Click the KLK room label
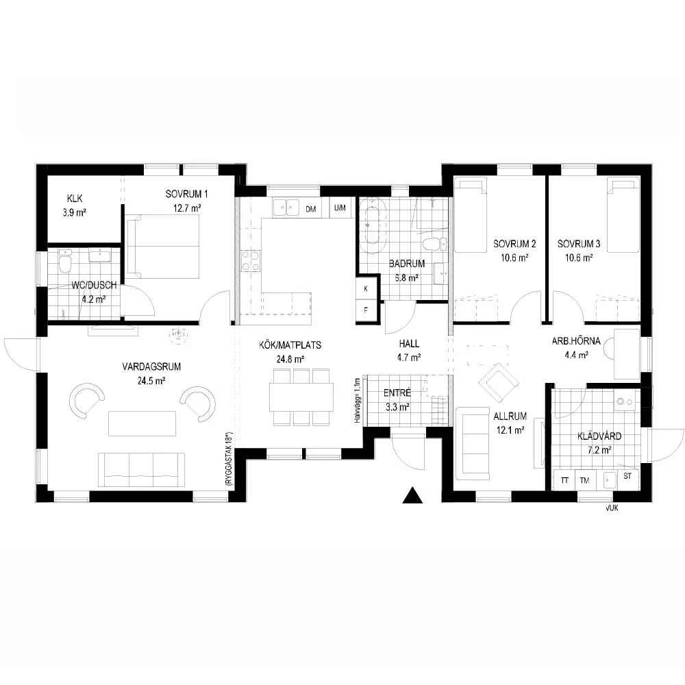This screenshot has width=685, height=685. pos(75,199)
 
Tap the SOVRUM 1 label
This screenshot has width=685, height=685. pos(186,194)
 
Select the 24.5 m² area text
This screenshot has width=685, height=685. pos(151,381)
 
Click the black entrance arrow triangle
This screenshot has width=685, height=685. pos(412,495)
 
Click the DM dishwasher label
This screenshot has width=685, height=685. pos(310,209)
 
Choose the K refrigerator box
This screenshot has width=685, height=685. pos(366,288)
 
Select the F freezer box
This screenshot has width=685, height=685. pos(366,310)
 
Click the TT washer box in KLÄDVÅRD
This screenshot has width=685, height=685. pos(564,480)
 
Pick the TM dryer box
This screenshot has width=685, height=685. pos(585,480)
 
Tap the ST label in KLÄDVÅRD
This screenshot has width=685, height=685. pos(627,476)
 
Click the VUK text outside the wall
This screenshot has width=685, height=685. pos(612,508)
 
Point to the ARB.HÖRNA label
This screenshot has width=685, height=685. pos(576,341)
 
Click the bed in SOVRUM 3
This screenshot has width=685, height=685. pos(623,214)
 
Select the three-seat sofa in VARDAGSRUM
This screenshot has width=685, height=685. pos(141,470)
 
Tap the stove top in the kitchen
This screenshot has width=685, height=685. pos(250,260)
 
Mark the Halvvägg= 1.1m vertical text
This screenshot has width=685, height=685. pos(358,401)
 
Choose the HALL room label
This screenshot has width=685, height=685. pos(409,344)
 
